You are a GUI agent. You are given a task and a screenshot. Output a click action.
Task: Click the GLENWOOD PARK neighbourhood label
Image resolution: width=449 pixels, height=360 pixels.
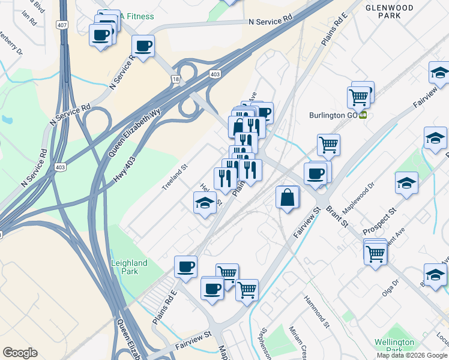388,11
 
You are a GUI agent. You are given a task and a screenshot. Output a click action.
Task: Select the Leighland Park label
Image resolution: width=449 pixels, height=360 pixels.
129,268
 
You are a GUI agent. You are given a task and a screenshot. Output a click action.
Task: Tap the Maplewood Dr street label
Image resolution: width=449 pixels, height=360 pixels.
358,199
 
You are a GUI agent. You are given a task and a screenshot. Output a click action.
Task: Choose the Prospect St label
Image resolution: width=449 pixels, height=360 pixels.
384,220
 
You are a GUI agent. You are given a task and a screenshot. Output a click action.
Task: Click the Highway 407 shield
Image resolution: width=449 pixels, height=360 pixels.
62,25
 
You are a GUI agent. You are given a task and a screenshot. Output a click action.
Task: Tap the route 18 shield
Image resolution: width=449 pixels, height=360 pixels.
175,79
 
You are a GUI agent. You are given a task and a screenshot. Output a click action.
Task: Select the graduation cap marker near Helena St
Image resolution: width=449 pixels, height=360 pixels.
205,202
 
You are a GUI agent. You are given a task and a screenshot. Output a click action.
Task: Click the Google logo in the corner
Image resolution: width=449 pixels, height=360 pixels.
20,353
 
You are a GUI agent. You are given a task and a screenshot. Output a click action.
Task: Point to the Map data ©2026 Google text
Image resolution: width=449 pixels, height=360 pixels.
412,355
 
